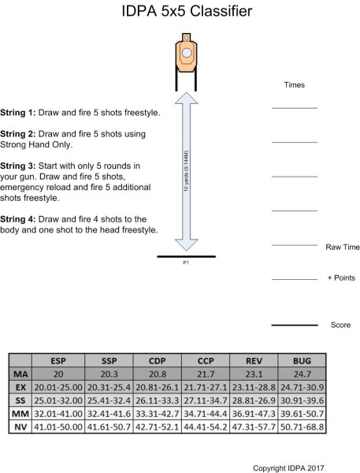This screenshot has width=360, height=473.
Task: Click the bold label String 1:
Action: click(20, 113)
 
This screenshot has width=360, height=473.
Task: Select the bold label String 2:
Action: click(20, 134)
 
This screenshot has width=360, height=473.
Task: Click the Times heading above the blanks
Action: click(294, 84)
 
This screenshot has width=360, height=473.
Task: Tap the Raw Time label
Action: click(342, 247)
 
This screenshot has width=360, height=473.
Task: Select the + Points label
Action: click(340, 278)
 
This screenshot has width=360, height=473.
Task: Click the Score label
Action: click(340, 325)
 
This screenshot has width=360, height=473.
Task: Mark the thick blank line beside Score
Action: click(294, 325)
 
